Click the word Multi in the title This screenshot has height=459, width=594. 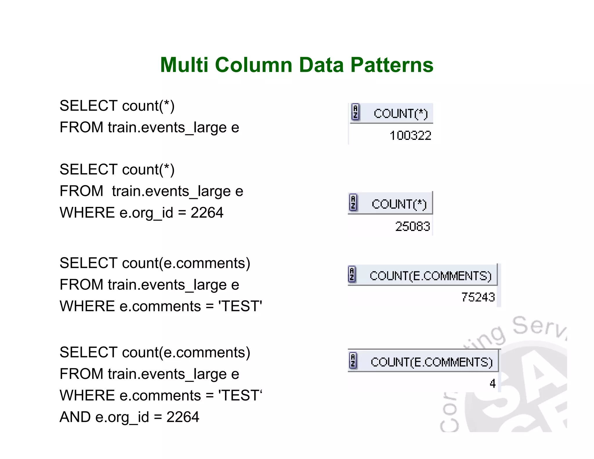184,65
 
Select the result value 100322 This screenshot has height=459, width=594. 410,136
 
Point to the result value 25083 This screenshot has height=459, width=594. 412,226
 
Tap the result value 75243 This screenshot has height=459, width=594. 478,297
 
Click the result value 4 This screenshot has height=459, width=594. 492,384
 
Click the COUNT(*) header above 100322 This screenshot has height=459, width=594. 401,113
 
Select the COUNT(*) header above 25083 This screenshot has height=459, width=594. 399,204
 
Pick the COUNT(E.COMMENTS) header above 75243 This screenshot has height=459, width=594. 430,276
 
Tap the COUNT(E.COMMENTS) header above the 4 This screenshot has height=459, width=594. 432,362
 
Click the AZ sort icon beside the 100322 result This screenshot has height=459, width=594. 355,112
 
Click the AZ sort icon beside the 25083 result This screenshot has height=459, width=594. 353,203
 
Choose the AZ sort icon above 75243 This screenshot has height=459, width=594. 352,274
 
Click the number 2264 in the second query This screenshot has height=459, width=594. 207,213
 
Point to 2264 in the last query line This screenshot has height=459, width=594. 183,417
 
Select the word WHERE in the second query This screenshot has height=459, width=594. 87,213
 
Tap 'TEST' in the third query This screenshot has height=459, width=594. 240,306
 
